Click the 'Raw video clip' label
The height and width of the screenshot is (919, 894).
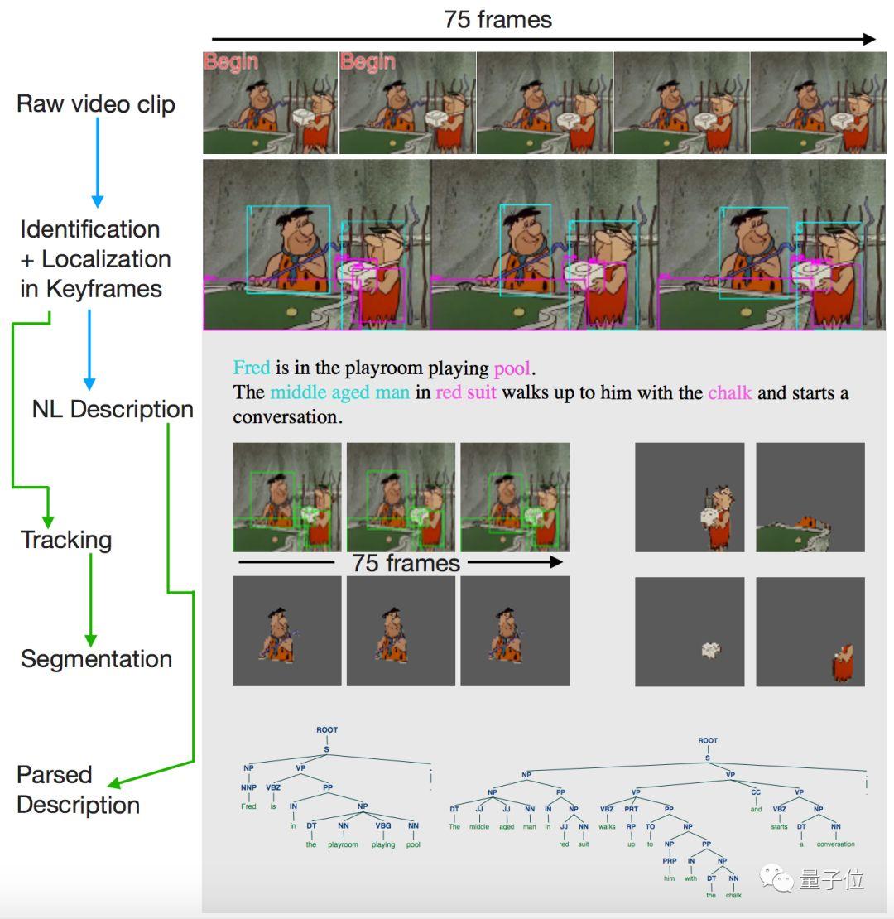[x=96, y=104]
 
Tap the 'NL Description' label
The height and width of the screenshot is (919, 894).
[x=113, y=409]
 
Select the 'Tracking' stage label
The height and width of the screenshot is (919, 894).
[x=66, y=540]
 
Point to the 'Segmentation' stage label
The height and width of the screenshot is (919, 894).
[x=96, y=659]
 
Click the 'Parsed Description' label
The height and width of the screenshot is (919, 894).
[x=78, y=790]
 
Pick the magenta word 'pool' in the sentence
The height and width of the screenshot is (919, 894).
[x=512, y=368]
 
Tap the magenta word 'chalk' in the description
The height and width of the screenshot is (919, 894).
[x=729, y=392]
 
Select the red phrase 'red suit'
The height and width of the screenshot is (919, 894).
[x=466, y=392]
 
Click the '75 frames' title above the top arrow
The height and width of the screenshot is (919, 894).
[x=497, y=19]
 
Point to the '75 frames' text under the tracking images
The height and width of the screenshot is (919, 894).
[x=406, y=564]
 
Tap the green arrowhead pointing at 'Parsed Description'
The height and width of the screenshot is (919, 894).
[x=115, y=782]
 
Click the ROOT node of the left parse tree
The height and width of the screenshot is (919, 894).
[x=327, y=730]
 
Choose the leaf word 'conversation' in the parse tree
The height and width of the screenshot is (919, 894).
[x=834, y=844]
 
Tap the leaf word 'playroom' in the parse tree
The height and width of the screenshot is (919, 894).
[x=343, y=844]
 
